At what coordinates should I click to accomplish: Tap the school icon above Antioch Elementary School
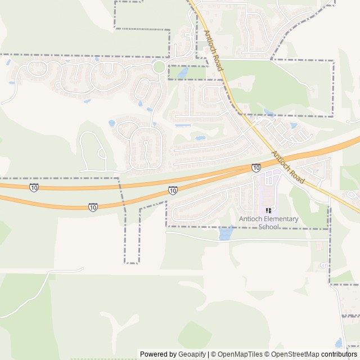(x=268, y=210)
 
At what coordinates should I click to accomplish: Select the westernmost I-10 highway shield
(x=34, y=187)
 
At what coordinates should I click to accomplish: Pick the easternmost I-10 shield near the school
(x=256, y=168)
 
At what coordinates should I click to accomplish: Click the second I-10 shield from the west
(x=93, y=208)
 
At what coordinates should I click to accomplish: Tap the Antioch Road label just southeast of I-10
(x=287, y=168)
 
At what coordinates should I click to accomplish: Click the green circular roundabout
(x=159, y=67)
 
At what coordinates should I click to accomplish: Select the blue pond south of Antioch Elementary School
(x=226, y=232)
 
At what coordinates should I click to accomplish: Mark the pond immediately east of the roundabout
(x=182, y=73)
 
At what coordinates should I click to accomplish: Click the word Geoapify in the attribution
(x=192, y=354)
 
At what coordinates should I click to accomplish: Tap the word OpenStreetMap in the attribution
(x=295, y=354)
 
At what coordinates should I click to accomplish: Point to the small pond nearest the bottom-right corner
(x=339, y=343)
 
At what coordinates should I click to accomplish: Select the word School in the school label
(x=269, y=227)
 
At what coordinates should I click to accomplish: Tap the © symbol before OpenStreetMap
(x=267, y=354)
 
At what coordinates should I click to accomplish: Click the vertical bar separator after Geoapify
(x=209, y=354)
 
